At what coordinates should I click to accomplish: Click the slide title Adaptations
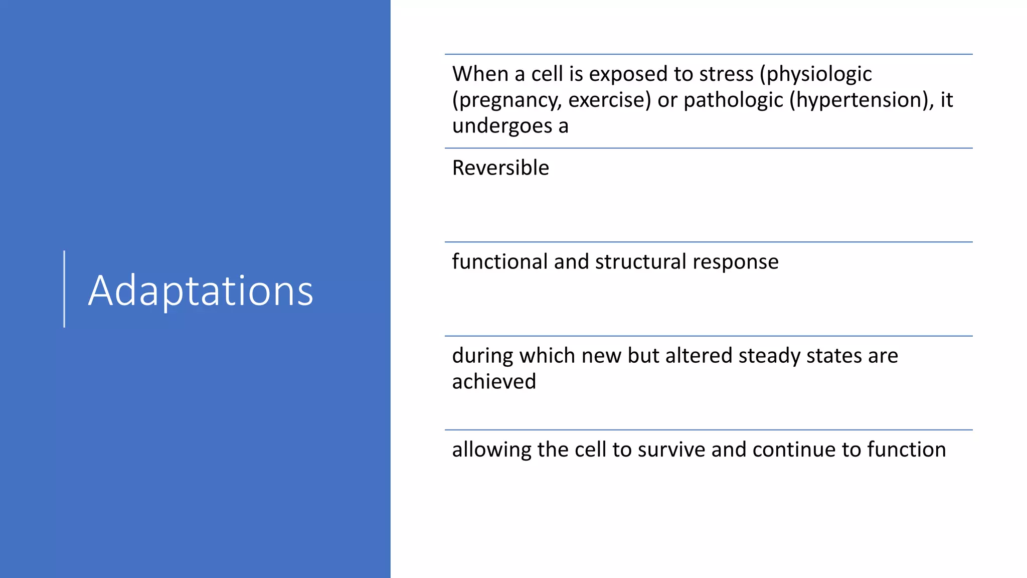(201, 291)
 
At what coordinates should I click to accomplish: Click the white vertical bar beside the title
(64, 289)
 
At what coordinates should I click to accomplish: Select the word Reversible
(500, 168)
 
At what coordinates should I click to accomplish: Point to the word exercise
(609, 100)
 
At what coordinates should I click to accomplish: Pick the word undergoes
(501, 126)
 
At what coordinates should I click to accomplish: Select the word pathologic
(733, 100)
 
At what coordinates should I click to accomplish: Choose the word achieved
(494, 382)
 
